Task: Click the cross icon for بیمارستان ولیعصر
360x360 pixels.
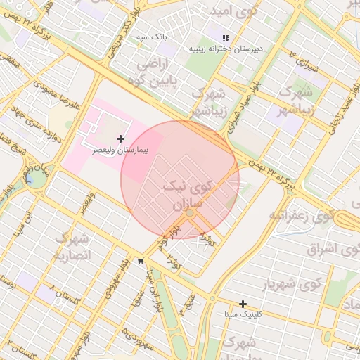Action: tap(120, 139)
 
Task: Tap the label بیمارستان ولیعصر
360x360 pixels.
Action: tap(120, 150)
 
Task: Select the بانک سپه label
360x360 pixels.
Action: tap(150, 36)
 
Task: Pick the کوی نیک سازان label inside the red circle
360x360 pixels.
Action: tap(186, 195)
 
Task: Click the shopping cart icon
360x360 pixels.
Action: tap(141, 261)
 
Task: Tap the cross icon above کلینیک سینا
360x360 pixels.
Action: tap(243, 304)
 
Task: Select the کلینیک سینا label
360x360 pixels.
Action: tap(243, 314)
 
